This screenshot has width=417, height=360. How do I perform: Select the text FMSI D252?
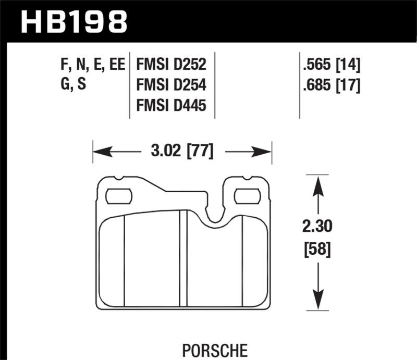(x=171, y=65)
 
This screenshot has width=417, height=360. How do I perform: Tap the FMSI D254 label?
(x=171, y=85)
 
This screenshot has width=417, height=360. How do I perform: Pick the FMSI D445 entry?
(x=171, y=106)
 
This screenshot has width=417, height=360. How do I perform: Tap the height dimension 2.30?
(x=316, y=227)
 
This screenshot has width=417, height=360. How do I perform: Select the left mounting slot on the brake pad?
(x=119, y=196)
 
